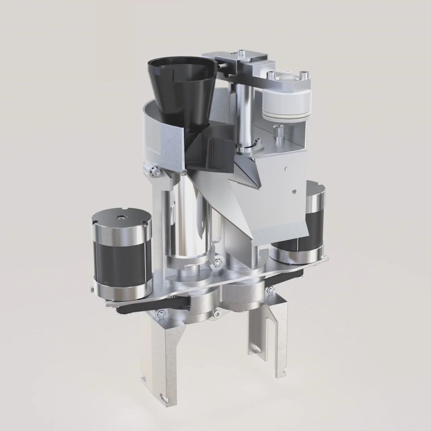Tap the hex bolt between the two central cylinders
click(x=217, y=264)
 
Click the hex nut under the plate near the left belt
click(x=160, y=315)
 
